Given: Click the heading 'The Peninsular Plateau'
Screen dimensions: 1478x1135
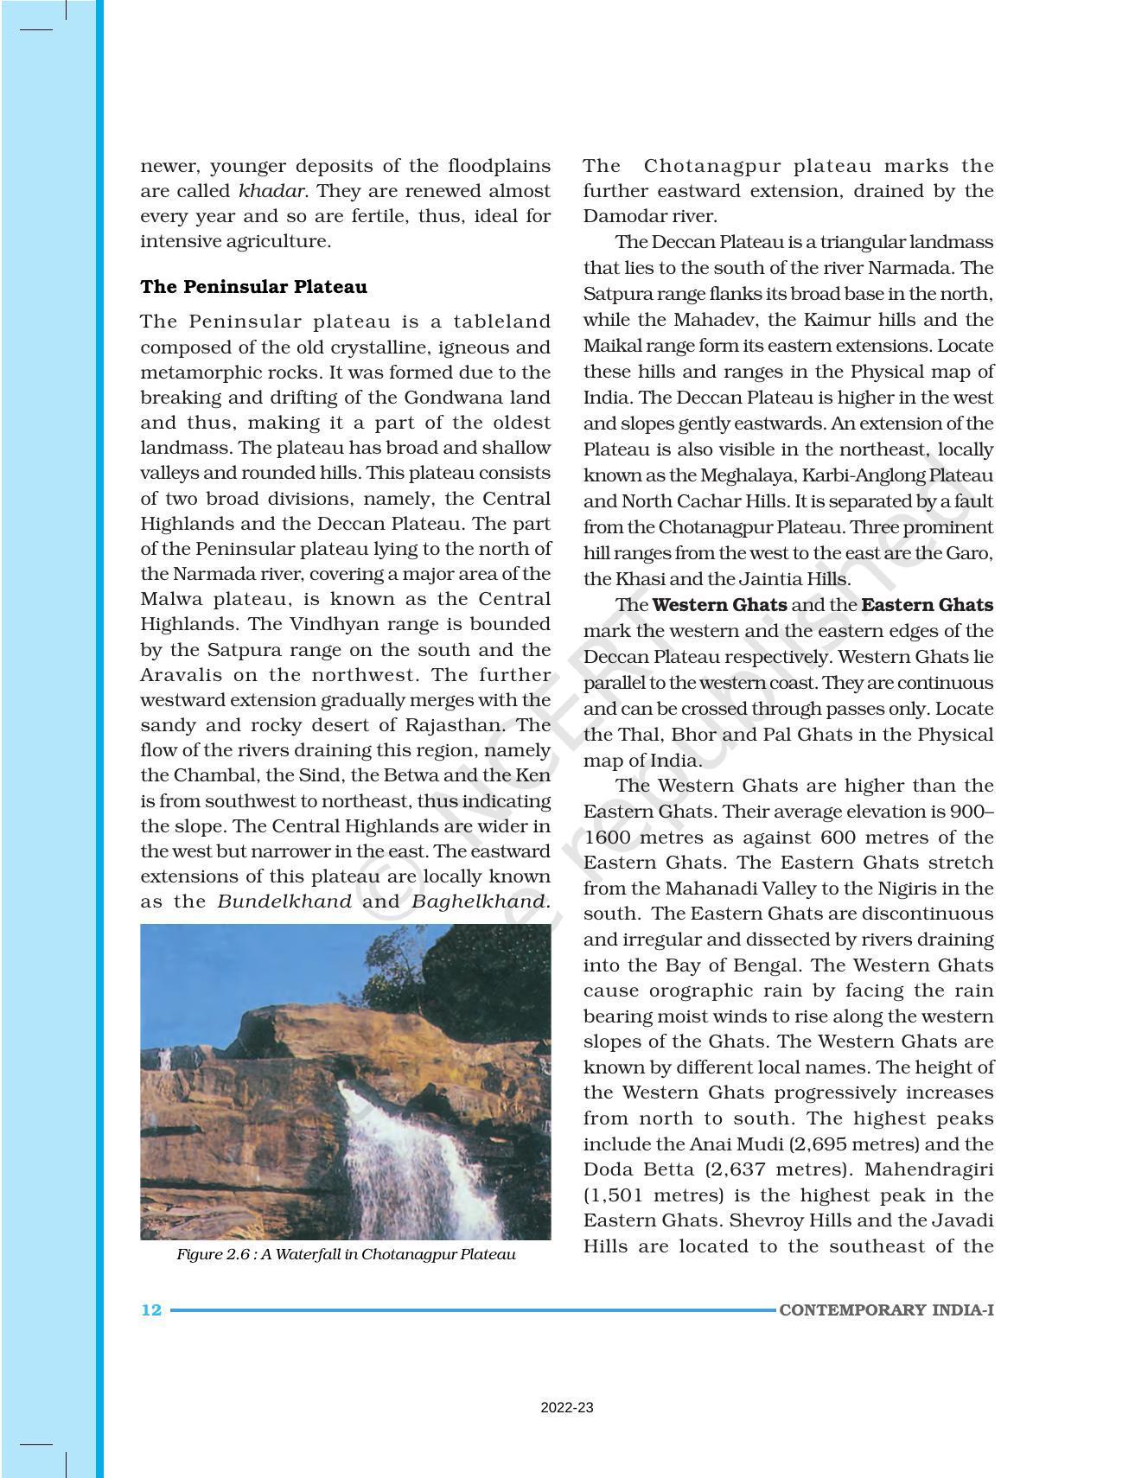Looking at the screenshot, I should (253, 287).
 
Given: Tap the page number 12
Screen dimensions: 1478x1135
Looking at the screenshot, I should (151, 1309).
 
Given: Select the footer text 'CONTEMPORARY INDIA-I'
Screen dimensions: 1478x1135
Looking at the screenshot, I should (886, 1309).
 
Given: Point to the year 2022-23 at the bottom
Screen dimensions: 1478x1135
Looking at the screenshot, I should (567, 1408).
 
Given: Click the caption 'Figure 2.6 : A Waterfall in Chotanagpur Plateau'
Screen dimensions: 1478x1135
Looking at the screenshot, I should (346, 1254).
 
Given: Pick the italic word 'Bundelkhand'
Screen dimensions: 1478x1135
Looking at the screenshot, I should (284, 901).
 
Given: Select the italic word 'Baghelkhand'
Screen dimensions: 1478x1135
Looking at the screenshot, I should (478, 901).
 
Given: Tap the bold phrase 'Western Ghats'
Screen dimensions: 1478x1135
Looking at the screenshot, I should (719, 605).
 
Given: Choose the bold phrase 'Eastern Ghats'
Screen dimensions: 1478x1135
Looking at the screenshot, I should (927, 605).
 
